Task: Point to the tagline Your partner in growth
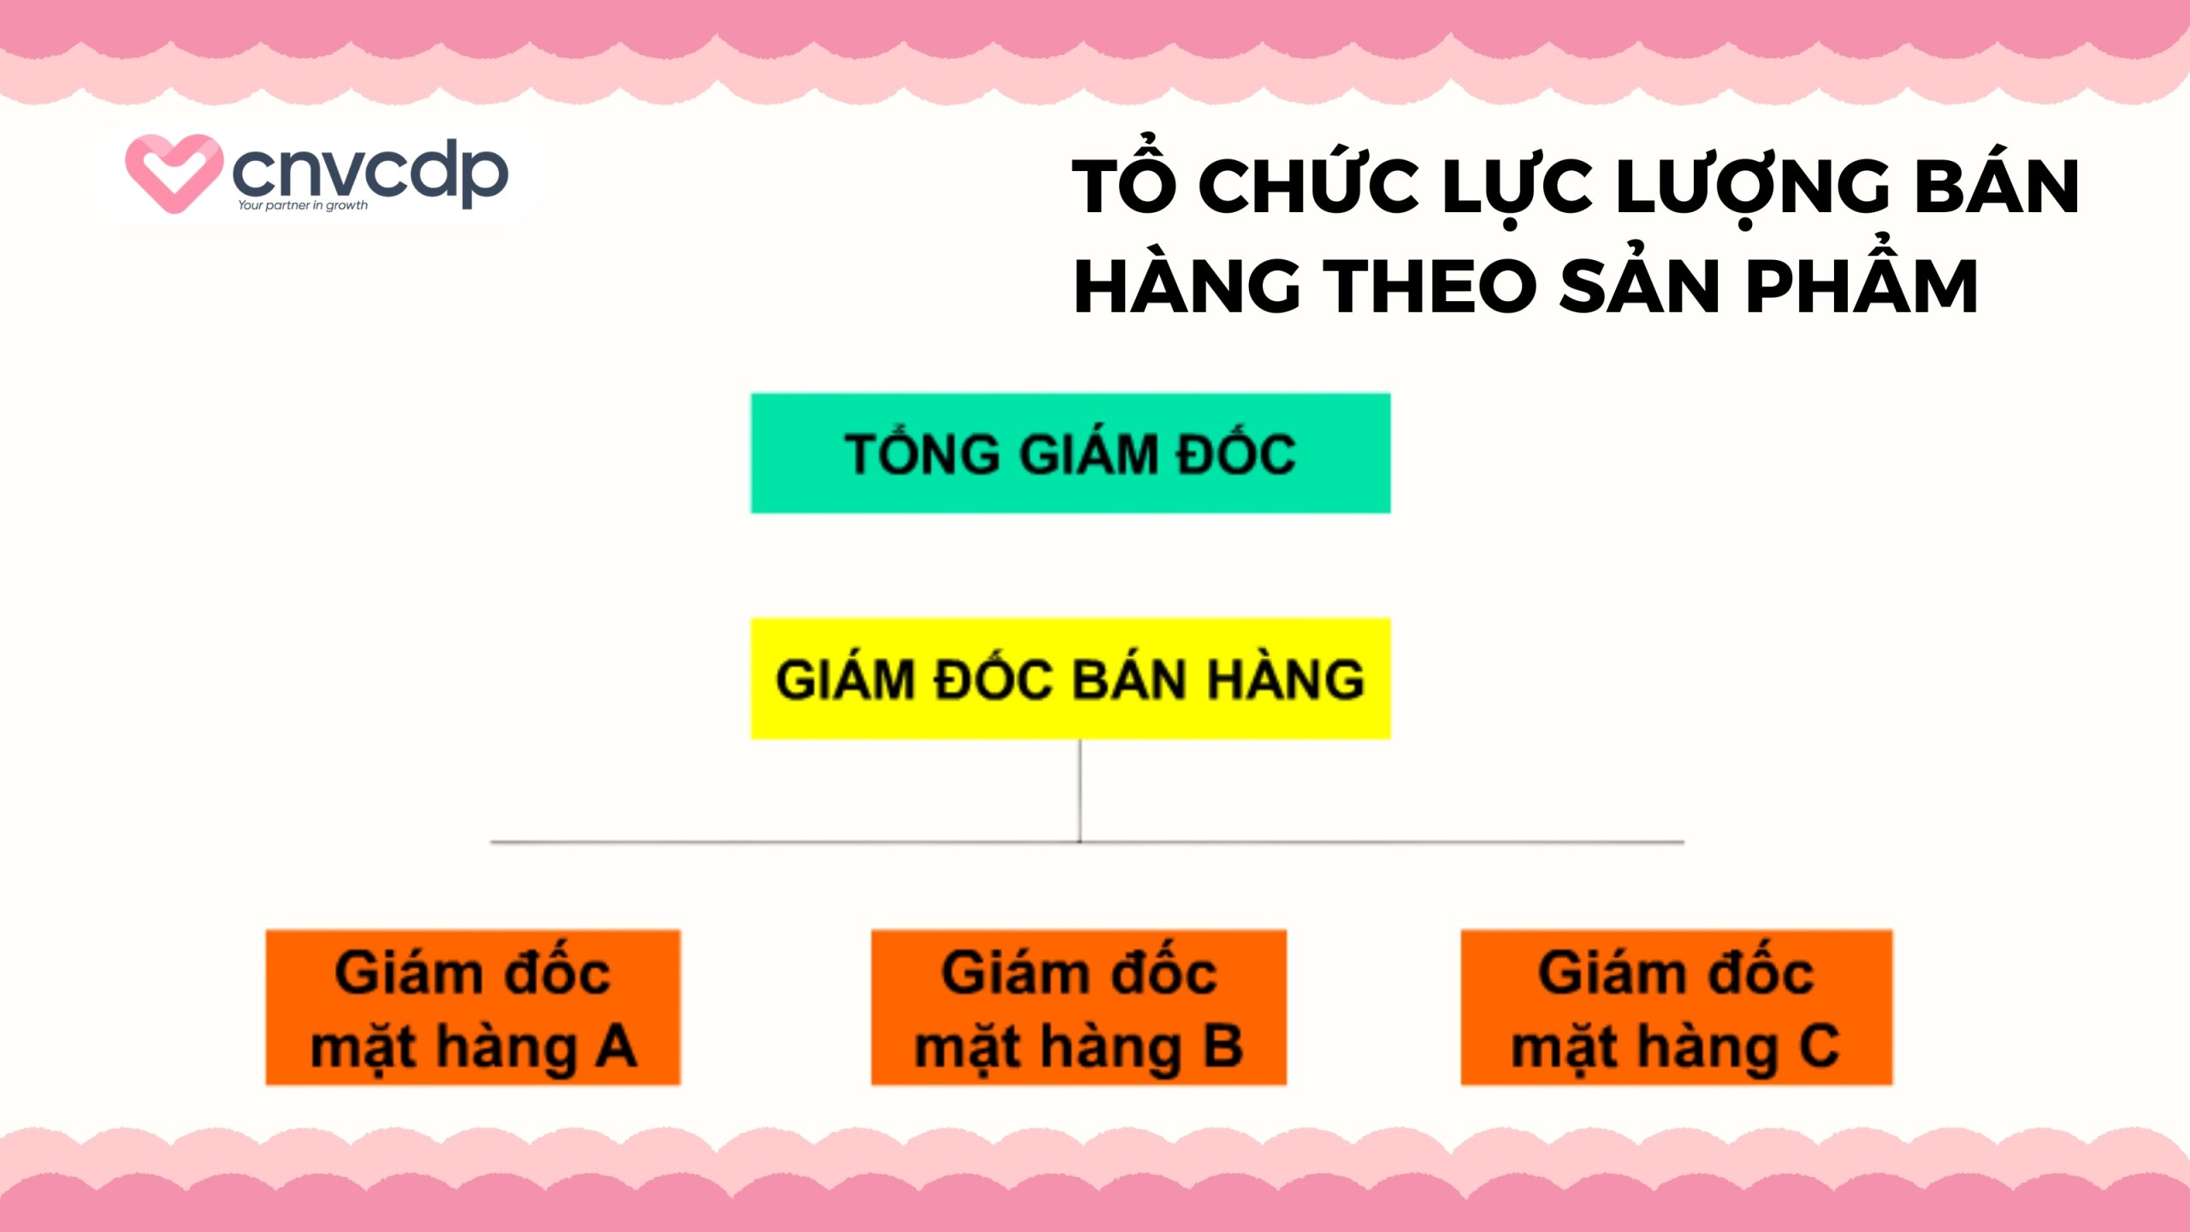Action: point(303,205)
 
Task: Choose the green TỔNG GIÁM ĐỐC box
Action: point(1070,453)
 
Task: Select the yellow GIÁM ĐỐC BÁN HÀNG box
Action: point(1070,678)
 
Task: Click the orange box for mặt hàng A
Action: point(473,1007)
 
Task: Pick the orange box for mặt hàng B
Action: point(1079,1007)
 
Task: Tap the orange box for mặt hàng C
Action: point(1676,1007)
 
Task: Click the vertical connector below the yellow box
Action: point(1080,791)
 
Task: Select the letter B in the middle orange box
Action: point(1223,1045)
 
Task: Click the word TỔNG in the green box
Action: point(922,453)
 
